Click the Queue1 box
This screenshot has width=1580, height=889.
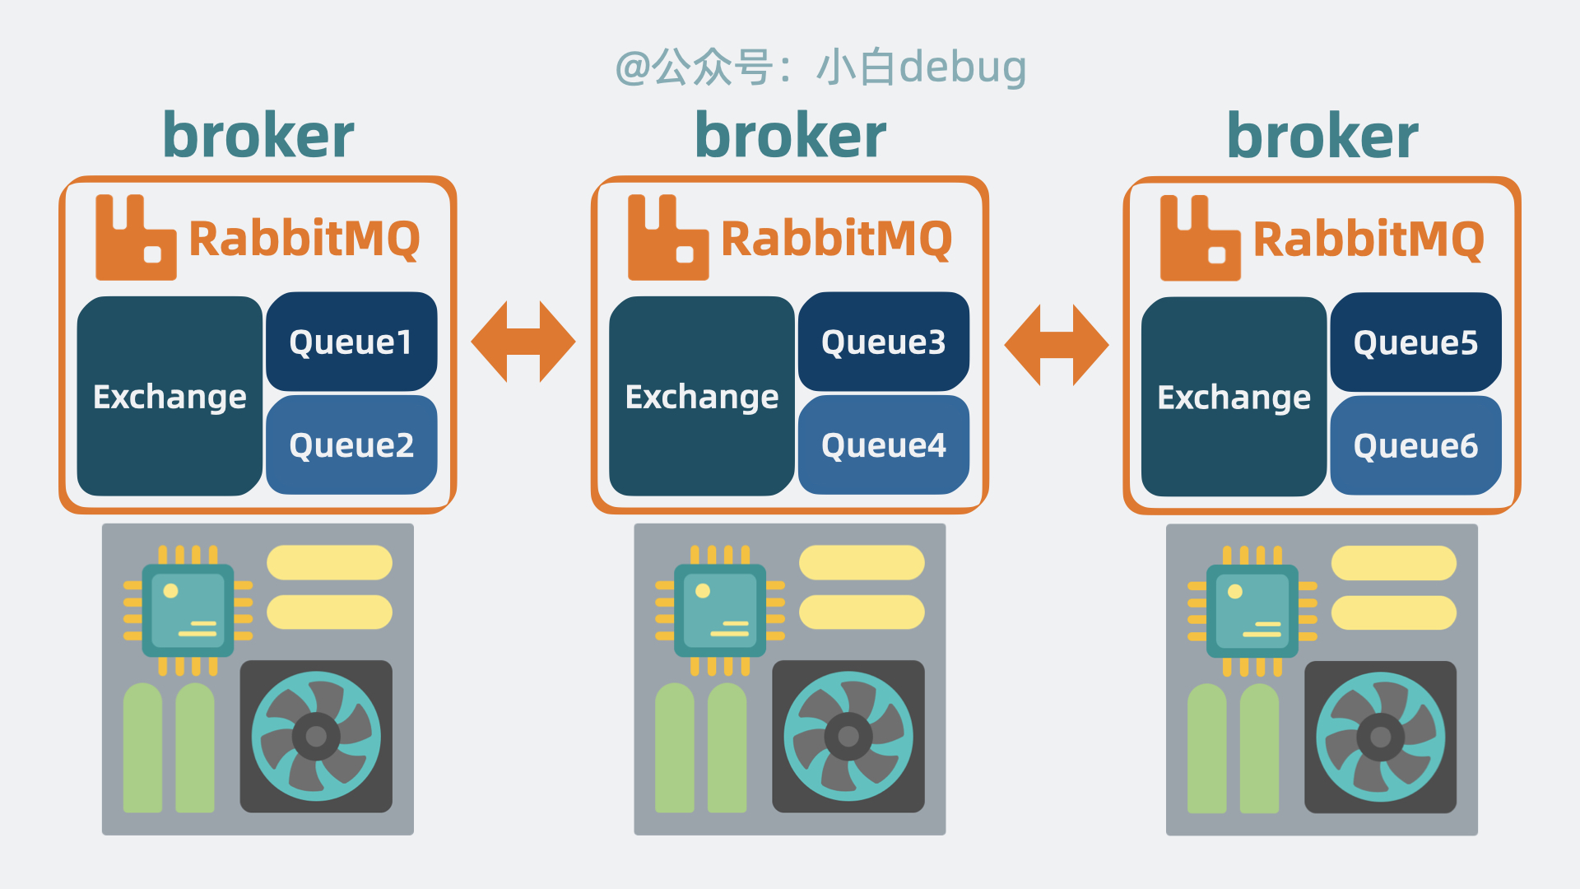click(351, 342)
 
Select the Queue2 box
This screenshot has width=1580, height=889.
click(351, 445)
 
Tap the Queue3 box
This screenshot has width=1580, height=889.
click(884, 342)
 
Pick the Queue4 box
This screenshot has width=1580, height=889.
click(884, 445)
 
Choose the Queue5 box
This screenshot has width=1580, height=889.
click(1415, 342)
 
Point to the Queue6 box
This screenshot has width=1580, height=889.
click(1415, 446)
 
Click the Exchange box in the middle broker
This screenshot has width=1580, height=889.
click(701, 397)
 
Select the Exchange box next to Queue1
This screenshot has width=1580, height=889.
click(170, 397)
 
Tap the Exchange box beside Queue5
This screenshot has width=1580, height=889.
click(1234, 398)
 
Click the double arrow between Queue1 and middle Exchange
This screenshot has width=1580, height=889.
click(523, 342)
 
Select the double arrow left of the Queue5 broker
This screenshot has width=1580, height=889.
click(1057, 345)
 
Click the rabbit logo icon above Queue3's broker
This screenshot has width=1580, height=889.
click(667, 239)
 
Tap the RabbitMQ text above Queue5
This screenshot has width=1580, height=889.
click(1369, 240)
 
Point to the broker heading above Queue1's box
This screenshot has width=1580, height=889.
click(258, 136)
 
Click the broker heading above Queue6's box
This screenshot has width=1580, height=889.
click(1322, 136)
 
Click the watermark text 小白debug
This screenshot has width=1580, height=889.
click(922, 67)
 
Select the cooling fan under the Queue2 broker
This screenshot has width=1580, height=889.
click(316, 736)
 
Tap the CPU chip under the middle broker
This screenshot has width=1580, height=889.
click(720, 610)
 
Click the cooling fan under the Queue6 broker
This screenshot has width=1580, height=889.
click(1380, 737)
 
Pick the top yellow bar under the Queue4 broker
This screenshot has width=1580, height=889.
click(862, 562)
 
